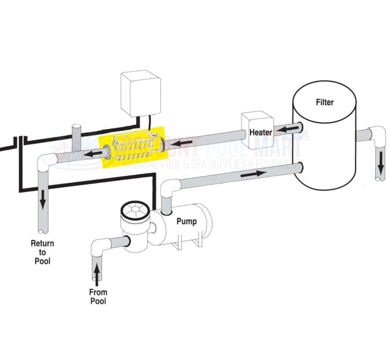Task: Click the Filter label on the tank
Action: pos(325,102)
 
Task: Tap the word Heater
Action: pos(260,132)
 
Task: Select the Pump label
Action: pos(186,221)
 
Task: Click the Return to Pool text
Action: pos(42,252)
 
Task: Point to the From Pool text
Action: pos(98,296)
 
